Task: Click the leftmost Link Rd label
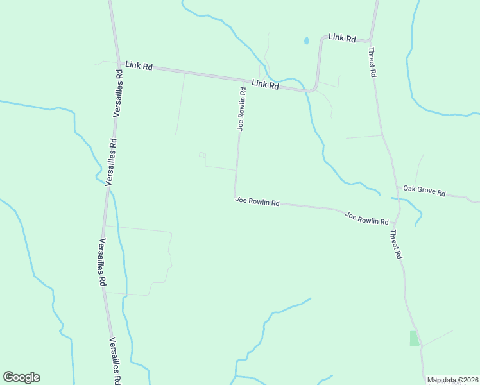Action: (139, 65)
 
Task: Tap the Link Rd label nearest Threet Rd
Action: (342, 38)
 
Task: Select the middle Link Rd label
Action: (265, 84)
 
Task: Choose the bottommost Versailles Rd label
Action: (115, 361)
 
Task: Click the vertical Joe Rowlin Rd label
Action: (242, 108)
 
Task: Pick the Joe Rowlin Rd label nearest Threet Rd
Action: (366, 218)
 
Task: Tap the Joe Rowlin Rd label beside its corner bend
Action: (257, 201)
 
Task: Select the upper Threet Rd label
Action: (372, 62)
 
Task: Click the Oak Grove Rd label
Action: (424, 191)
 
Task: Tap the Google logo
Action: (21, 377)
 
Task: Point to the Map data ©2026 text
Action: (452, 380)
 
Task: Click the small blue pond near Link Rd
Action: (306, 41)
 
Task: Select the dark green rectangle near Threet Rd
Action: (414, 338)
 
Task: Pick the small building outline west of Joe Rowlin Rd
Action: (202, 155)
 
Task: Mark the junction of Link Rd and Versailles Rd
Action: (117, 63)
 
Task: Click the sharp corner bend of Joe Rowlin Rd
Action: (236, 196)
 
